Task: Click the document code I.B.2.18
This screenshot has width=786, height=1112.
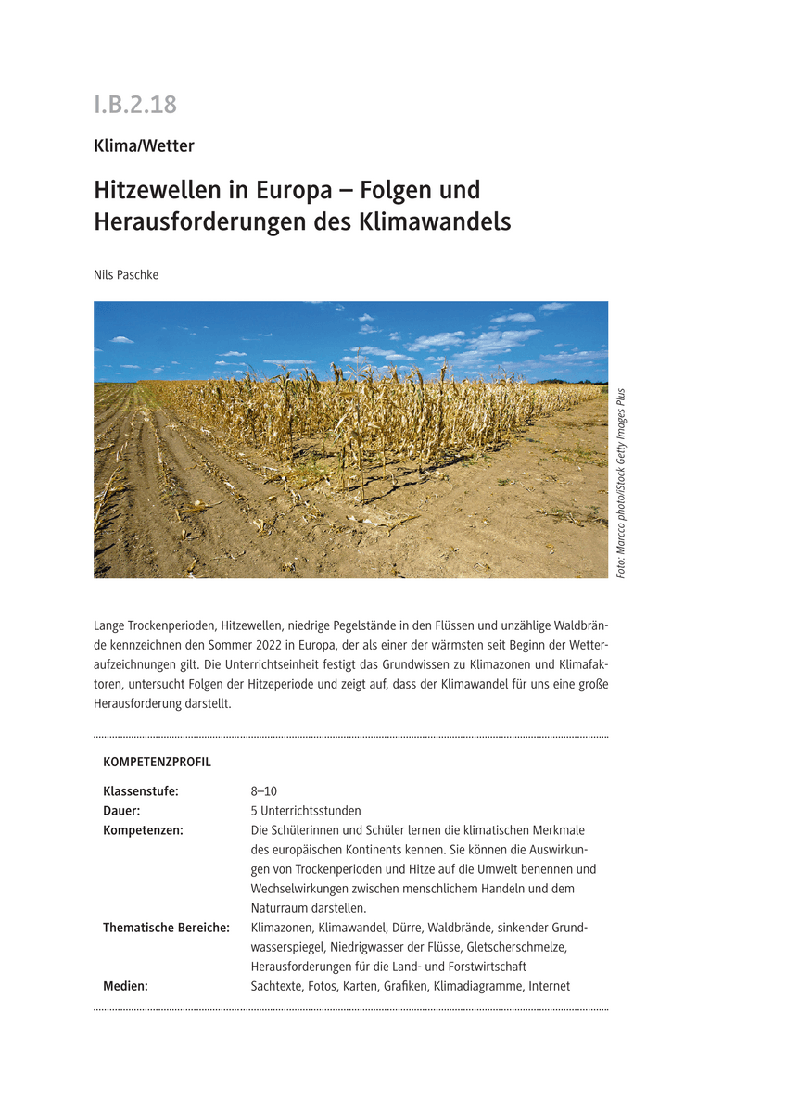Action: point(135,105)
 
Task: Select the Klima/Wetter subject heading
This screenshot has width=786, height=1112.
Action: point(144,145)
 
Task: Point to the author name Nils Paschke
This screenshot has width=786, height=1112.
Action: point(126,274)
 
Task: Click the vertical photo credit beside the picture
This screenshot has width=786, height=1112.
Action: point(620,483)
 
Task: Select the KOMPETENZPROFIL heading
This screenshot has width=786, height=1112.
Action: point(157,763)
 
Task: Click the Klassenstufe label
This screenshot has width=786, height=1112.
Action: point(140,791)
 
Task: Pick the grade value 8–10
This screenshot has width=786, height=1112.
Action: point(263,791)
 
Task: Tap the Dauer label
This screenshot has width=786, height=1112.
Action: point(121,811)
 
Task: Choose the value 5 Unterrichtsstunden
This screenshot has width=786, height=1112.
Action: point(306,811)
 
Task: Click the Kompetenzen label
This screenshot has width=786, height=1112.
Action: point(143,830)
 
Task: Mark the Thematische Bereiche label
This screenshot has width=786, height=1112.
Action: point(166,928)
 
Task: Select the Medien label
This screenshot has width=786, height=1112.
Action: point(125,986)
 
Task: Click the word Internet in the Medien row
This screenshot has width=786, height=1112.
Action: point(549,986)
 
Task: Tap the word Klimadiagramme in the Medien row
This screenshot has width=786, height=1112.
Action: point(478,986)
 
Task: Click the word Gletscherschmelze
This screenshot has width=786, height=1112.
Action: point(515,947)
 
